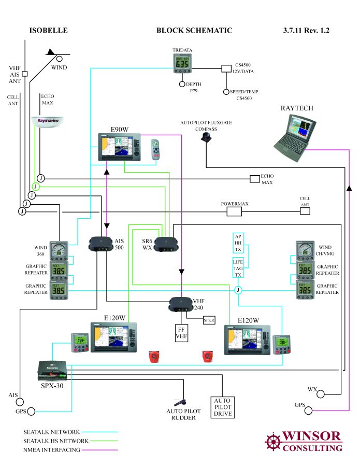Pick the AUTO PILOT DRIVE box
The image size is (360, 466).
point(223,407)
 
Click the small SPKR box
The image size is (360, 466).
point(209,320)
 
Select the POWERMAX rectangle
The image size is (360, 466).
point(235,211)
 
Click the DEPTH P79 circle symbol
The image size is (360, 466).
point(182,84)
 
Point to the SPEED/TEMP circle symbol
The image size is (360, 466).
point(226,92)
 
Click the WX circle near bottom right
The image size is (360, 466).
point(321,394)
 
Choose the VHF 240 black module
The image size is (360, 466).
point(181,305)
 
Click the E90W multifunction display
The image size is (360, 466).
point(120,147)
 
